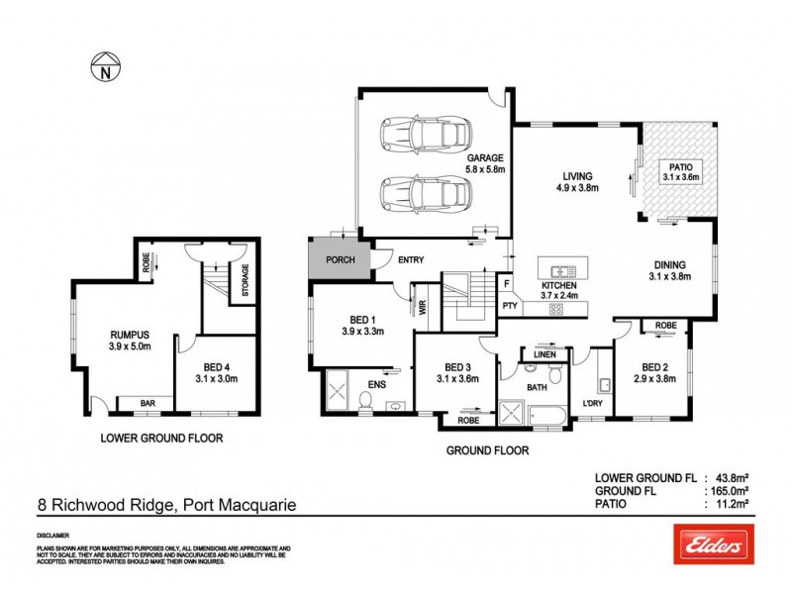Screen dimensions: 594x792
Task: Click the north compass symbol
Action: point(104,68)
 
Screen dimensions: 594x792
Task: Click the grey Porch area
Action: point(339,259)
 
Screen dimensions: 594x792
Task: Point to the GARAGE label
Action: point(486,158)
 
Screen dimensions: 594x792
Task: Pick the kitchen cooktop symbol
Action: point(556,308)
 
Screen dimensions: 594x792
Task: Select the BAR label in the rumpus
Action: point(146,405)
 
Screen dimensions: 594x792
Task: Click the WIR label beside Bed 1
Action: point(421,307)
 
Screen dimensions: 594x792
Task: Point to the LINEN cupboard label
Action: point(544,353)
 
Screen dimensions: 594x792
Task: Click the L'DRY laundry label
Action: point(593,402)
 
